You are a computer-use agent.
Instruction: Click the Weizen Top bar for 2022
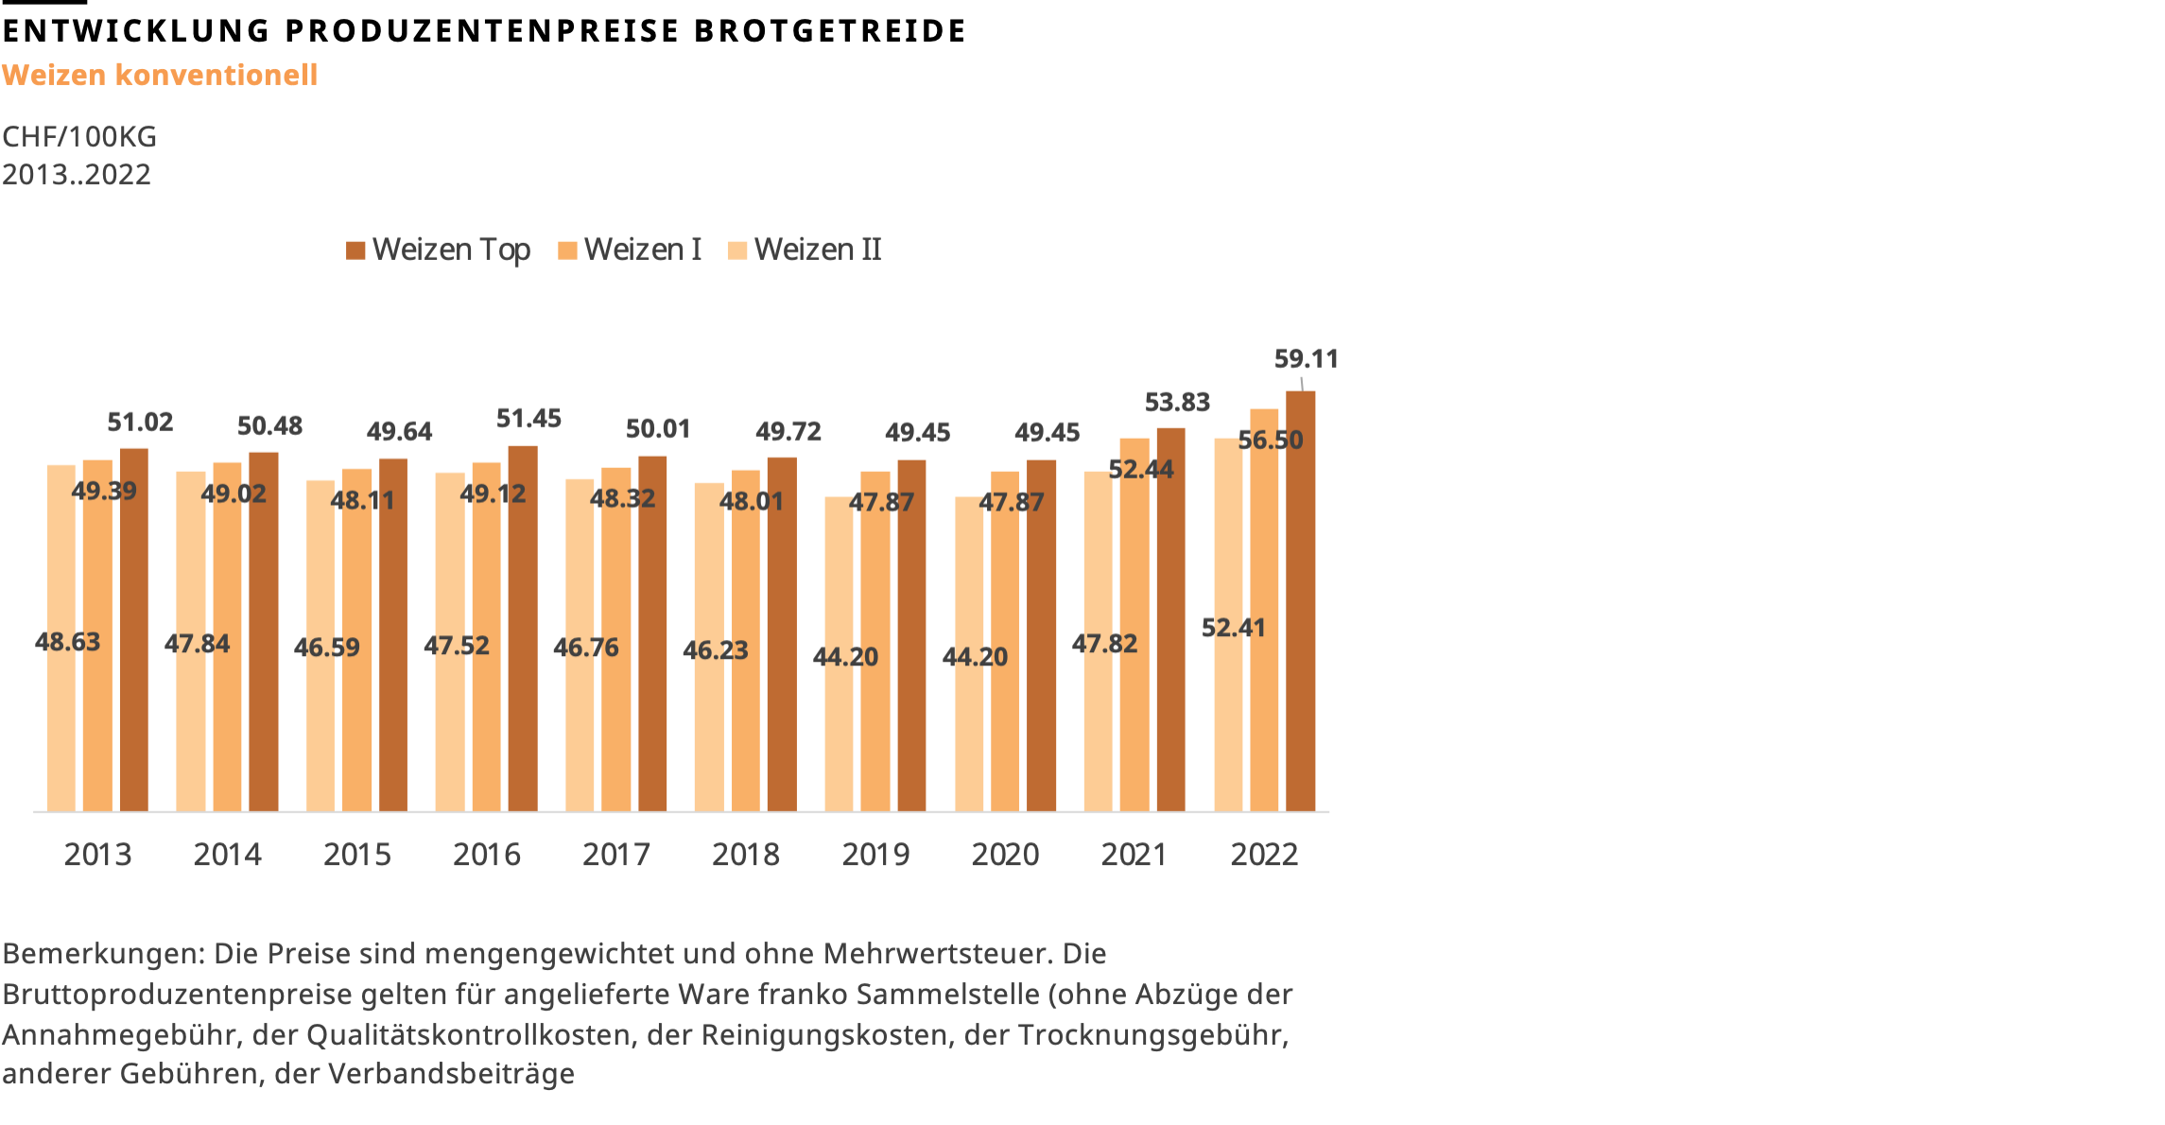[x=1300, y=605]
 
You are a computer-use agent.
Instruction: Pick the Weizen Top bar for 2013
[x=134, y=633]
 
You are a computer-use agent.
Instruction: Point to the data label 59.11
[x=1306, y=359]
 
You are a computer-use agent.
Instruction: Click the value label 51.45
[x=528, y=419]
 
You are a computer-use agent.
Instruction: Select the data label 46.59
[x=327, y=648]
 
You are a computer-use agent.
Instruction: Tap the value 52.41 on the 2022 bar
[x=1233, y=628]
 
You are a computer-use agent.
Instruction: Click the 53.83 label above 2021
[x=1177, y=403]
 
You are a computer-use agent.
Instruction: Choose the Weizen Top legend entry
[x=439, y=250]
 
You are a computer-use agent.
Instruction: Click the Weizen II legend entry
[x=805, y=250]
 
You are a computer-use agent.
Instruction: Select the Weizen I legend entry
[x=631, y=250]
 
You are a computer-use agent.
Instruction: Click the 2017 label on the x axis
[x=616, y=855]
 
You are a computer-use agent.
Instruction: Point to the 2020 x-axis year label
[x=1005, y=855]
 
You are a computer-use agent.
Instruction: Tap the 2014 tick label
[x=227, y=855]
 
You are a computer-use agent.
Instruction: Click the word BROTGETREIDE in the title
[x=829, y=31]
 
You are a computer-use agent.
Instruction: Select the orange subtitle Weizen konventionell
[x=160, y=75]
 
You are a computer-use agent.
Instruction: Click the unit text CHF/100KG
[x=79, y=137]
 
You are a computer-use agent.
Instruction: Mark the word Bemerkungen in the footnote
[x=103, y=953]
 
